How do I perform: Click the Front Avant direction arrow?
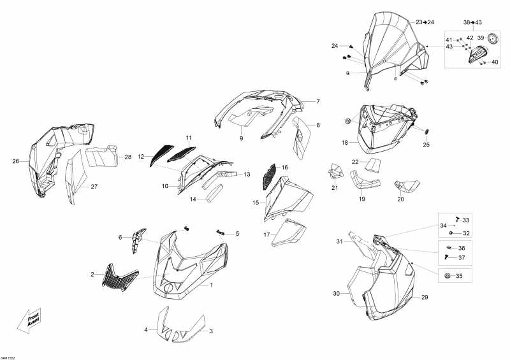pyautogui.click(x=29, y=320)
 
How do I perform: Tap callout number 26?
pyautogui.click(x=15, y=161)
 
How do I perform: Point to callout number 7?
pyautogui.click(x=317, y=101)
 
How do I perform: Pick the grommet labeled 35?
pyautogui.click(x=447, y=276)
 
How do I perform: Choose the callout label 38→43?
pyautogui.click(x=472, y=22)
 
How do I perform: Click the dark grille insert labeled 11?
pyautogui.click(x=182, y=154)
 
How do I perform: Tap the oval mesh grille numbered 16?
pyautogui.click(x=268, y=176)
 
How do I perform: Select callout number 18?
pyautogui.click(x=345, y=143)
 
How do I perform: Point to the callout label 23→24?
pyautogui.click(x=425, y=22)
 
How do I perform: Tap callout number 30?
pyautogui.click(x=336, y=294)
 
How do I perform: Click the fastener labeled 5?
pyautogui.click(x=220, y=232)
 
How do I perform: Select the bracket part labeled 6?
pyautogui.click(x=138, y=240)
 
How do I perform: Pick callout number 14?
pyautogui.click(x=193, y=199)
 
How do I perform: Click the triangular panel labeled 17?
pyautogui.click(x=289, y=232)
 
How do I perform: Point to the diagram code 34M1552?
pyautogui.click(x=8, y=357)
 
